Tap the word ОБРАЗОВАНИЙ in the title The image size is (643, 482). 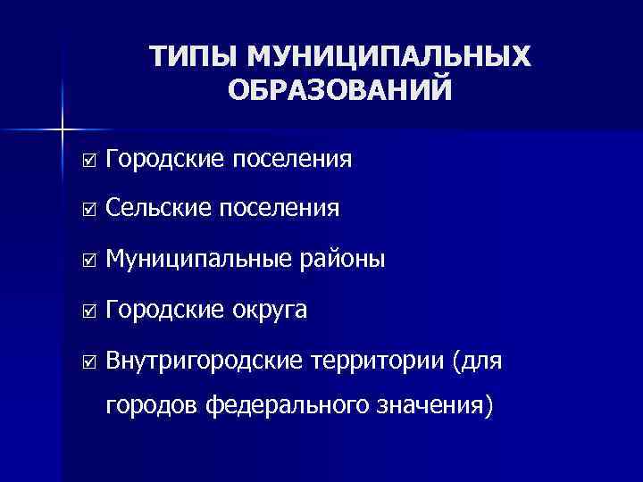click(x=339, y=92)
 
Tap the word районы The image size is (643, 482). click(x=343, y=261)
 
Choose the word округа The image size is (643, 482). click(x=272, y=311)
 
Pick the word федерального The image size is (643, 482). click(x=284, y=408)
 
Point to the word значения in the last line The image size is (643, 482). click(x=430, y=408)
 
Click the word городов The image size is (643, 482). click(x=152, y=408)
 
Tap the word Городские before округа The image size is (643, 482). click(x=166, y=311)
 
